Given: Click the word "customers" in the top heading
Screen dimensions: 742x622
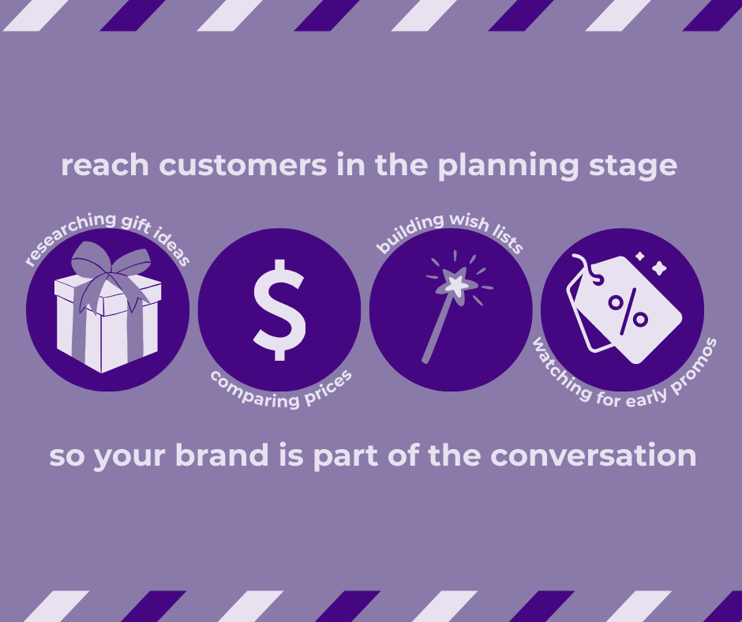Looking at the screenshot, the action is click(x=243, y=165).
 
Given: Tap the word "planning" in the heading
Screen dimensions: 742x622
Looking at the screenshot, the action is click(x=508, y=166).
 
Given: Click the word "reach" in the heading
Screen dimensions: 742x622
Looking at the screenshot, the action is click(x=105, y=165).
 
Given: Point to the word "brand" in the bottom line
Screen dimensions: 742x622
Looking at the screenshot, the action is click(x=222, y=455).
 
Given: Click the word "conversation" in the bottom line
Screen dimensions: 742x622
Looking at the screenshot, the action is click(x=594, y=455).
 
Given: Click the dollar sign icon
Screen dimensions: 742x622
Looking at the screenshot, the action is click(x=279, y=310).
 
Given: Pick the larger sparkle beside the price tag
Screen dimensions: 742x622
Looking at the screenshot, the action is click(x=658, y=268).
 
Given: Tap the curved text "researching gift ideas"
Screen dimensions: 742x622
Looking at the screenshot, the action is click(x=107, y=234).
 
